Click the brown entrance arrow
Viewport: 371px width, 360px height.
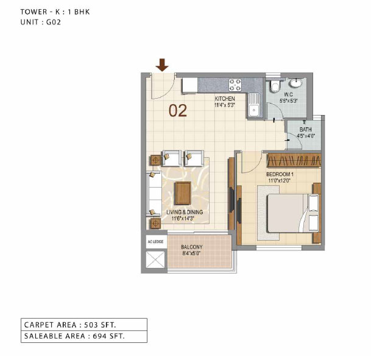pos(162,65)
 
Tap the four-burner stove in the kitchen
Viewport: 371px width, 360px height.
pos(235,85)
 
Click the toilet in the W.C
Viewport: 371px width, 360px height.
pos(275,86)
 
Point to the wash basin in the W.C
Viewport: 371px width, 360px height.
pos(296,83)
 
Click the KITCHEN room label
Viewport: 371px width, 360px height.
pos(225,99)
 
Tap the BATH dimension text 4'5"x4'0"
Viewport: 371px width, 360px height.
pos(306,136)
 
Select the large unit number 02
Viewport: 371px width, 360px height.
pos(178,111)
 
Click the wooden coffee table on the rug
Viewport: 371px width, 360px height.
pos(183,193)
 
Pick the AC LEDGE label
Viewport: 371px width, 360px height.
pos(155,242)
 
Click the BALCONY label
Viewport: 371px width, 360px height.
pos(192,247)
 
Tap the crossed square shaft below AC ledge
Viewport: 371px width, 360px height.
pos(155,259)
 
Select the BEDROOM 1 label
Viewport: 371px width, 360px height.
pos(280,174)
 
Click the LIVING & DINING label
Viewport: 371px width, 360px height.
pos(185,212)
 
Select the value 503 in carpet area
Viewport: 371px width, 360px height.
pos(91,325)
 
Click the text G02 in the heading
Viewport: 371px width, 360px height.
pos(54,23)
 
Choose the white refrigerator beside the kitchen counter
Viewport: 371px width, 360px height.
pos(189,86)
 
